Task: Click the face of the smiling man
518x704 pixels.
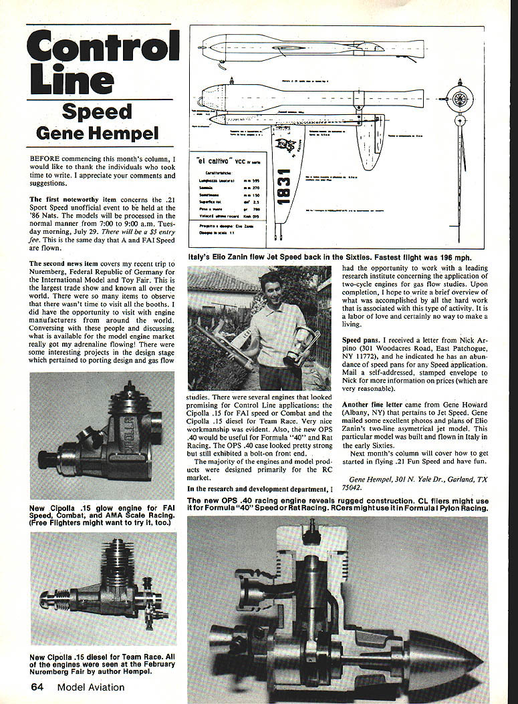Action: [x=271, y=285]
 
